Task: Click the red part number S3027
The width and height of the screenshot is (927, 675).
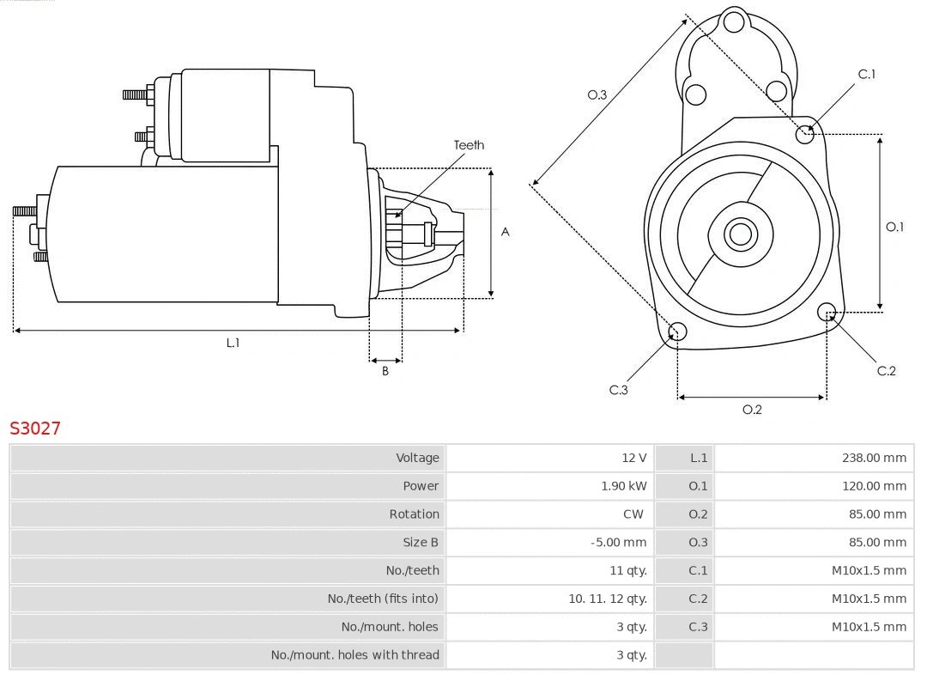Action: (x=35, y=428)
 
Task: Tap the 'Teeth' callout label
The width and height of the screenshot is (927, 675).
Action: (x=469, y=145)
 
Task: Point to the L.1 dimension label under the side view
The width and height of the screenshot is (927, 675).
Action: (x=233, y=343)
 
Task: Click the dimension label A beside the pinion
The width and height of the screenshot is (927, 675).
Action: (x=506, y=232)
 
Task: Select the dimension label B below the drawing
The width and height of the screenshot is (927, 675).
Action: (x=385, y=371)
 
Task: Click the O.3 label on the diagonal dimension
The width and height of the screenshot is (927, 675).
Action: (x=597, y=94)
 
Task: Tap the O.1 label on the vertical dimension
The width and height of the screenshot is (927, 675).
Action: (x=894, y=227)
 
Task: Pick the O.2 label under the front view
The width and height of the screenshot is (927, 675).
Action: (x=752, y=410)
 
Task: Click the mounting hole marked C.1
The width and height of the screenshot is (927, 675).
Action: (x=805, y=133)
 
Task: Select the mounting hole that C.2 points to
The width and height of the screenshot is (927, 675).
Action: (x=827, y=311)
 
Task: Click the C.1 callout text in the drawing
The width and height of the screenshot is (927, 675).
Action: (x=867, y=74)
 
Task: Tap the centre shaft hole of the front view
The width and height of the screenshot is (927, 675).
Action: (x=739, y=234)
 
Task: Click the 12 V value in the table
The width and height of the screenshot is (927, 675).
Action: (x=634, y=458)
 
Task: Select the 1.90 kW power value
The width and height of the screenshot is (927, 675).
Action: (x=624, y=486)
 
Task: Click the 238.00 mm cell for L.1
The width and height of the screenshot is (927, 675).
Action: (x=874, y=458)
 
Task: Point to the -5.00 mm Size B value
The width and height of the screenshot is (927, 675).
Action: (x=619, y=542)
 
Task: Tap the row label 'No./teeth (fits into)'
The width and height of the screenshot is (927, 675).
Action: (x=383, y=599)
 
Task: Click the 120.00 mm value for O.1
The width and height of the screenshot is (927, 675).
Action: (x=874, y=486)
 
